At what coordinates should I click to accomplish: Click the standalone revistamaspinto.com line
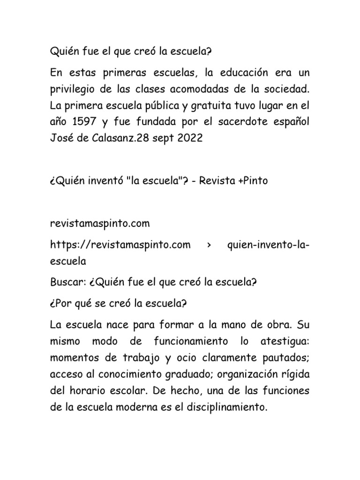pos(100,223)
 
